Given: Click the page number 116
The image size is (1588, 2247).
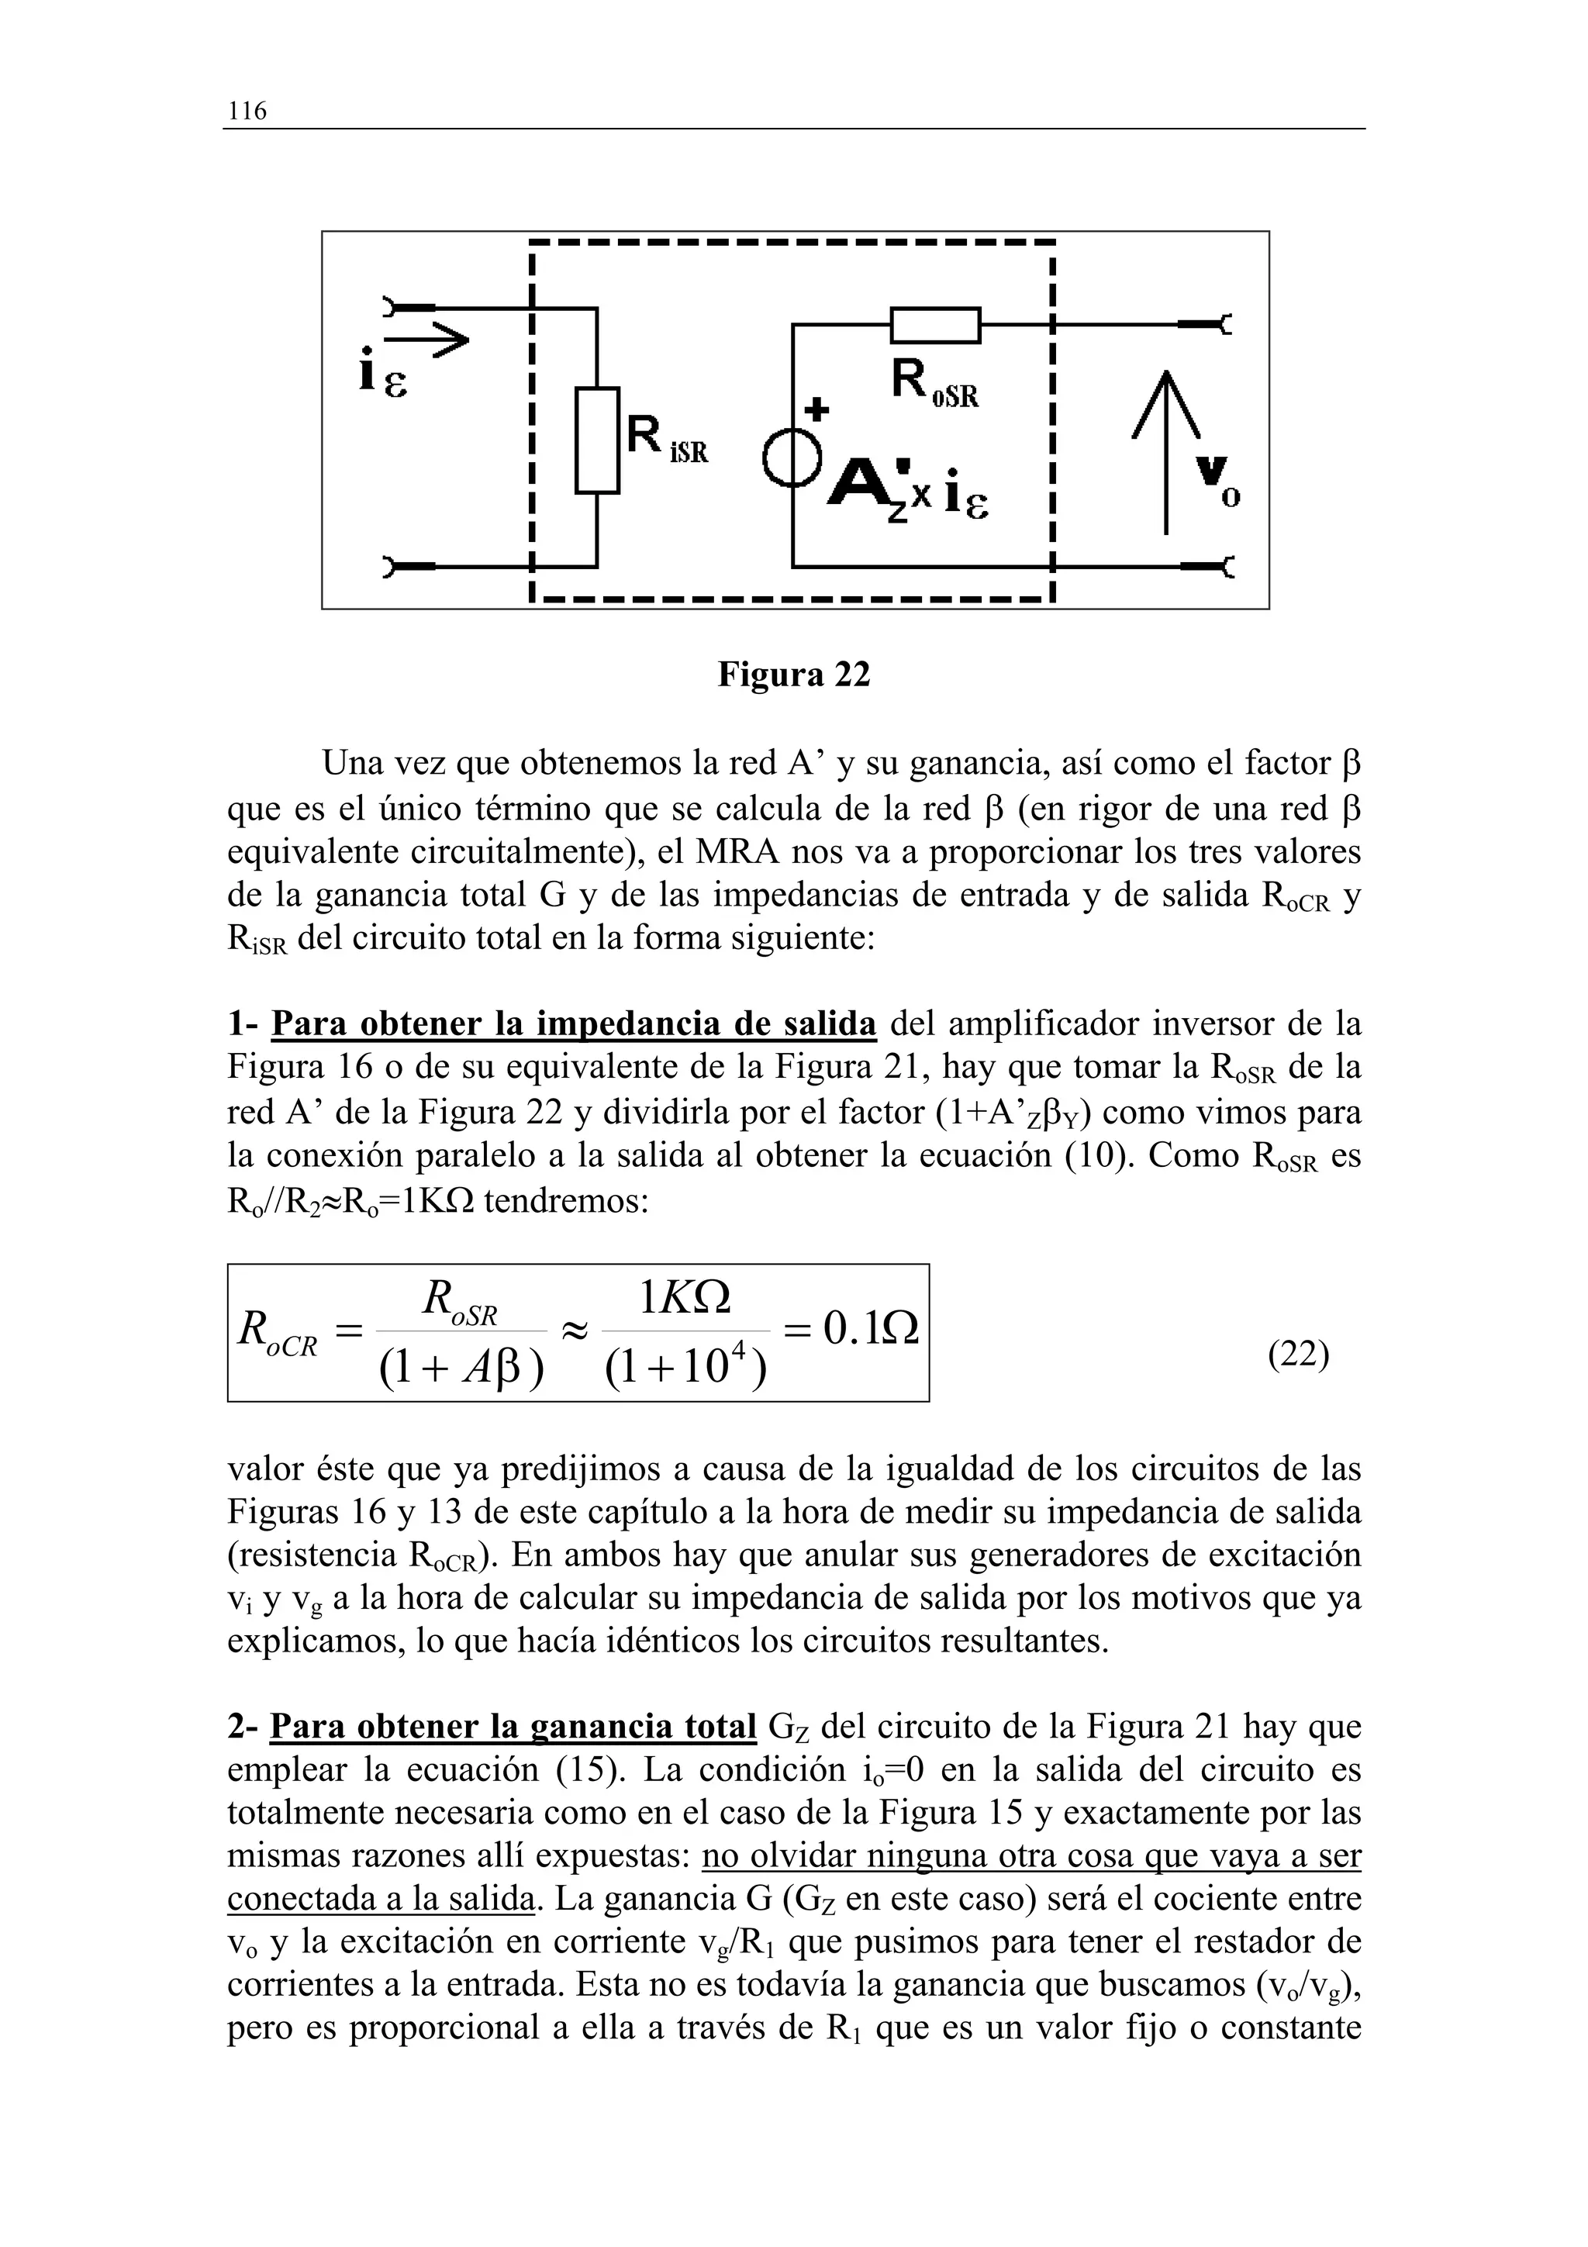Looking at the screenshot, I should coord(247,111).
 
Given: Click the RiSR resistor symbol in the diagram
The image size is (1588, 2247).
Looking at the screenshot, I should coord(597,440).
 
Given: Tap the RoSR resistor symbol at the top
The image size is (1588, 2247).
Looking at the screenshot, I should coord(934,325).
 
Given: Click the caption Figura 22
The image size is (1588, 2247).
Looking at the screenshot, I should coord(793,675).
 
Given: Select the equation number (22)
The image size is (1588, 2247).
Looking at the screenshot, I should coord(1298,1355).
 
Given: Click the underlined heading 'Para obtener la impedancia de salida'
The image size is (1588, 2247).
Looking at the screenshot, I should coord(573,1025).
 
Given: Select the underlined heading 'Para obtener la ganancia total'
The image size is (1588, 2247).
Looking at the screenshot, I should coord(513,1727).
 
